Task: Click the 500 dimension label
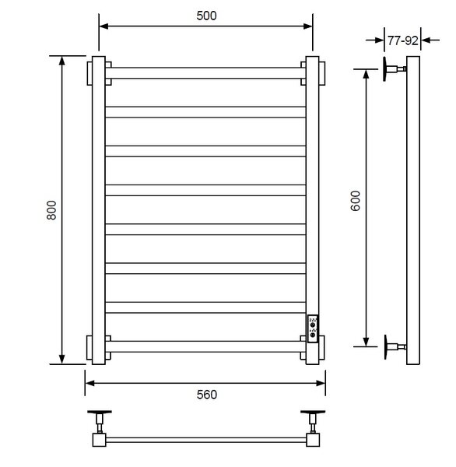click(206, 16)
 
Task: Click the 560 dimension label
click(207, 395)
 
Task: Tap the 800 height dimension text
click(51, 210)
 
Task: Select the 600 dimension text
click(356, 201)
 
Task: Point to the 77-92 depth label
click(402, 40)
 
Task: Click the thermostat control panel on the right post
click(313, 328)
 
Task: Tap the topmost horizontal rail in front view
click(205, 73)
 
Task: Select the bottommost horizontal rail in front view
click(205, 346)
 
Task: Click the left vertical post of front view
click(99, 210)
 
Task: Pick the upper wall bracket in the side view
click(393, 68)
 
